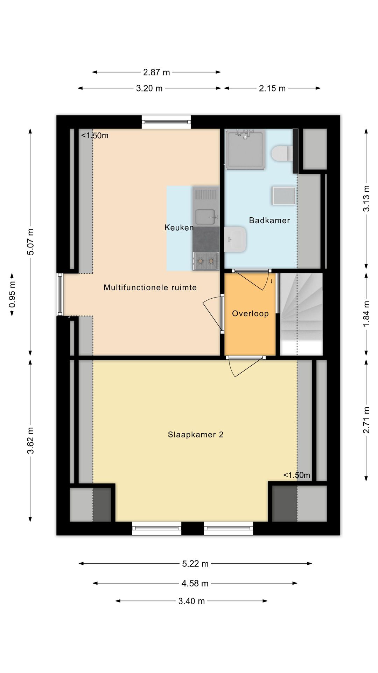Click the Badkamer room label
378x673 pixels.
(x=269, y=220)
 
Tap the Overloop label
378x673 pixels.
(x=250, y=313)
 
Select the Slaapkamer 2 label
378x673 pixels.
(x=196, y=435)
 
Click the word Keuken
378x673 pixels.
(x=179, y=227)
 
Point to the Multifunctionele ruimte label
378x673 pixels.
(x=150, y=287)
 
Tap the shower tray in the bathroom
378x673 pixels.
(x=245, y=149)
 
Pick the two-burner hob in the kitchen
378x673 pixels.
(x=206, y=261)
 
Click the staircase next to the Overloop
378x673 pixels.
(x=301, y=314)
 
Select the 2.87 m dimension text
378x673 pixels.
(x=156, y=72)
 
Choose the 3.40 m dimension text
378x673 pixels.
(x=191, y=601)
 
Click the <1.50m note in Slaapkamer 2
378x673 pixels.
(x=297, y=475)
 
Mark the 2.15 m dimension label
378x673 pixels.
(x=272, y=88)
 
